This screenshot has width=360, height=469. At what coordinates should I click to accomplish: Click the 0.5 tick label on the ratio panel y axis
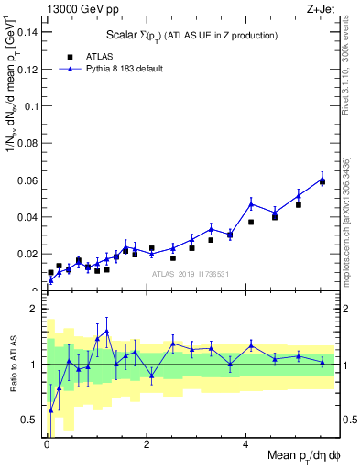click(x=30, y=420)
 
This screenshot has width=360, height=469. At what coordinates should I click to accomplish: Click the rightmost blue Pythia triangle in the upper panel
click(x=322, y=180)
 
